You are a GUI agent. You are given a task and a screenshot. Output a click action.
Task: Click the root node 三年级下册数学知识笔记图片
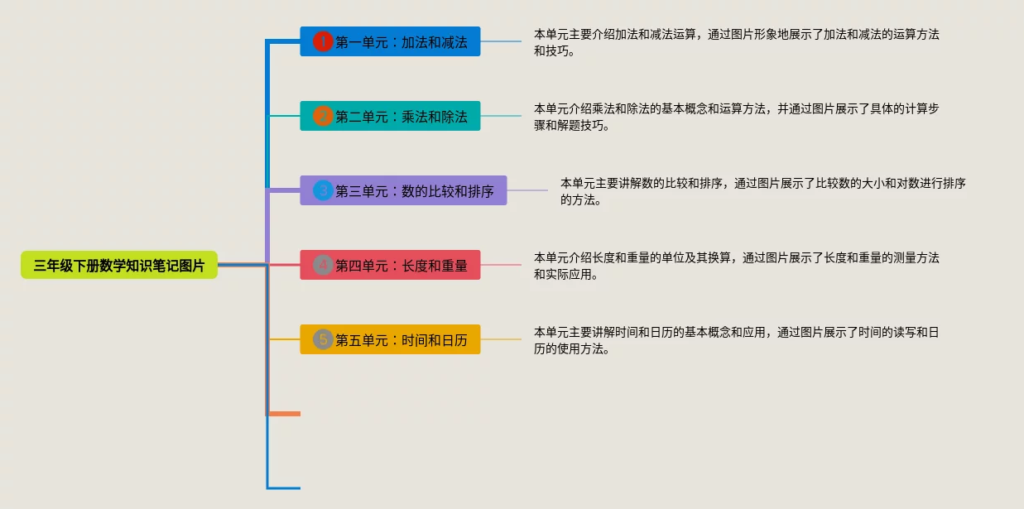tap(119, 266)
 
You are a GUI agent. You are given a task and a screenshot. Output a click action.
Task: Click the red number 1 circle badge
tap(323, 41)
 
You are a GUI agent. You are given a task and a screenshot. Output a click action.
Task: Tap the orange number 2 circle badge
tap(323, 116)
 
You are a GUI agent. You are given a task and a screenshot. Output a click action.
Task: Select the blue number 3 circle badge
tap(323, 190)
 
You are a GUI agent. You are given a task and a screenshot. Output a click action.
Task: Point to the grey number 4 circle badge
tap(323, 265)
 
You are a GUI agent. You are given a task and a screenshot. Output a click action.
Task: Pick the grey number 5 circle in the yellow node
tap(323, 339)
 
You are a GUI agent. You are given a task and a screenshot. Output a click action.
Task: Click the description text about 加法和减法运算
tap(737, 42)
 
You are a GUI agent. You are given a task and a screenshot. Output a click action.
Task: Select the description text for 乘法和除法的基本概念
tap(737, 117)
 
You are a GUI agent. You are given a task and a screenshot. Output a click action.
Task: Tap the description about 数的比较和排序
tap(762, 191)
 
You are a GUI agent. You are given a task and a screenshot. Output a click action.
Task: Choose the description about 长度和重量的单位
tap(737, 266)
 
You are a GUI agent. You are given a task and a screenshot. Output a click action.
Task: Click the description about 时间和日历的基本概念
tap(737, 340)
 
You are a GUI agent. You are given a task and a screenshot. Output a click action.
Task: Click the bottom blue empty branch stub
tap(284, 487)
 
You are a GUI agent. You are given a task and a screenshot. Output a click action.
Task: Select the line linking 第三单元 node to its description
tap(527, 190)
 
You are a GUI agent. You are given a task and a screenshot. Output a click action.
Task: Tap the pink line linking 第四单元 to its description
tap(501, 265)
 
